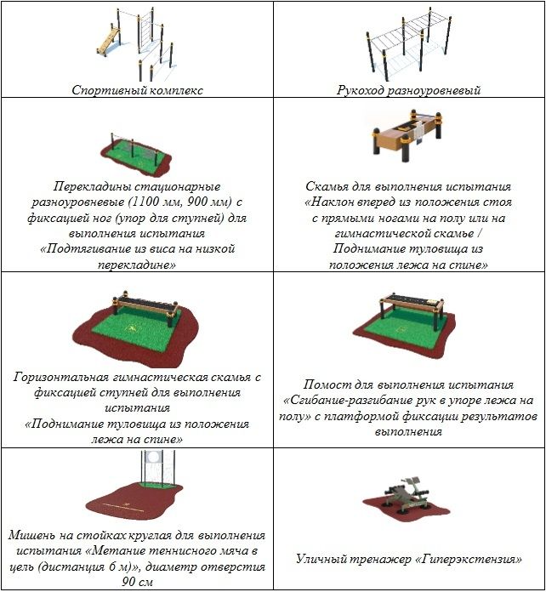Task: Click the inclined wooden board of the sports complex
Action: [x=108, y=41]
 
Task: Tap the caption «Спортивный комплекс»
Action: [x=138, y=90]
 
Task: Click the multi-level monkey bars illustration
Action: [x=408, y=43]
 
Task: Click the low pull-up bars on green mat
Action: [x=136, y=154]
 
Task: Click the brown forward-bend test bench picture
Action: [x=407, y=136]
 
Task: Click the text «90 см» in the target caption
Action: [x=138, y=582]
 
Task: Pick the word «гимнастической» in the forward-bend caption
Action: [x=381, y=234]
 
